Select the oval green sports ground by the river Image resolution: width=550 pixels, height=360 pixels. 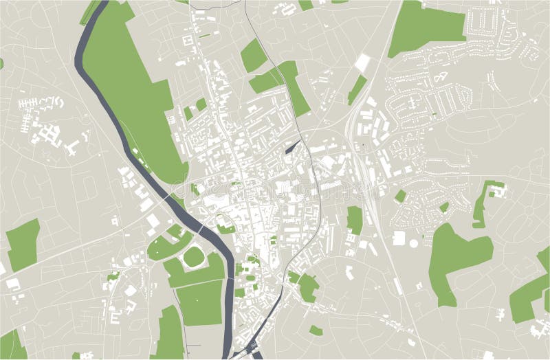[x=193, y=257]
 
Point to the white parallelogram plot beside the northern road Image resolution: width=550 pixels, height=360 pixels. [x=362, y=64]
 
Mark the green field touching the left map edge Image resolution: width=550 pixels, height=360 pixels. [x=23, y=244]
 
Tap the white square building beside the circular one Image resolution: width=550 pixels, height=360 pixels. [x=399, y=237]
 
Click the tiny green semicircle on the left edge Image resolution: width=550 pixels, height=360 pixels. [x=1, y=64]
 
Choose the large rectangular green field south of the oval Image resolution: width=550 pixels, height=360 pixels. [x=200, y=302]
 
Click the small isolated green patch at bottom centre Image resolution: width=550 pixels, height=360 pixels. [x=316, y=330]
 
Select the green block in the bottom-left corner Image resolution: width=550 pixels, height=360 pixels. [x=12, y=345]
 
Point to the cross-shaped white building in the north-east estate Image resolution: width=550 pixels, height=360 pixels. [x=412, y=103]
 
